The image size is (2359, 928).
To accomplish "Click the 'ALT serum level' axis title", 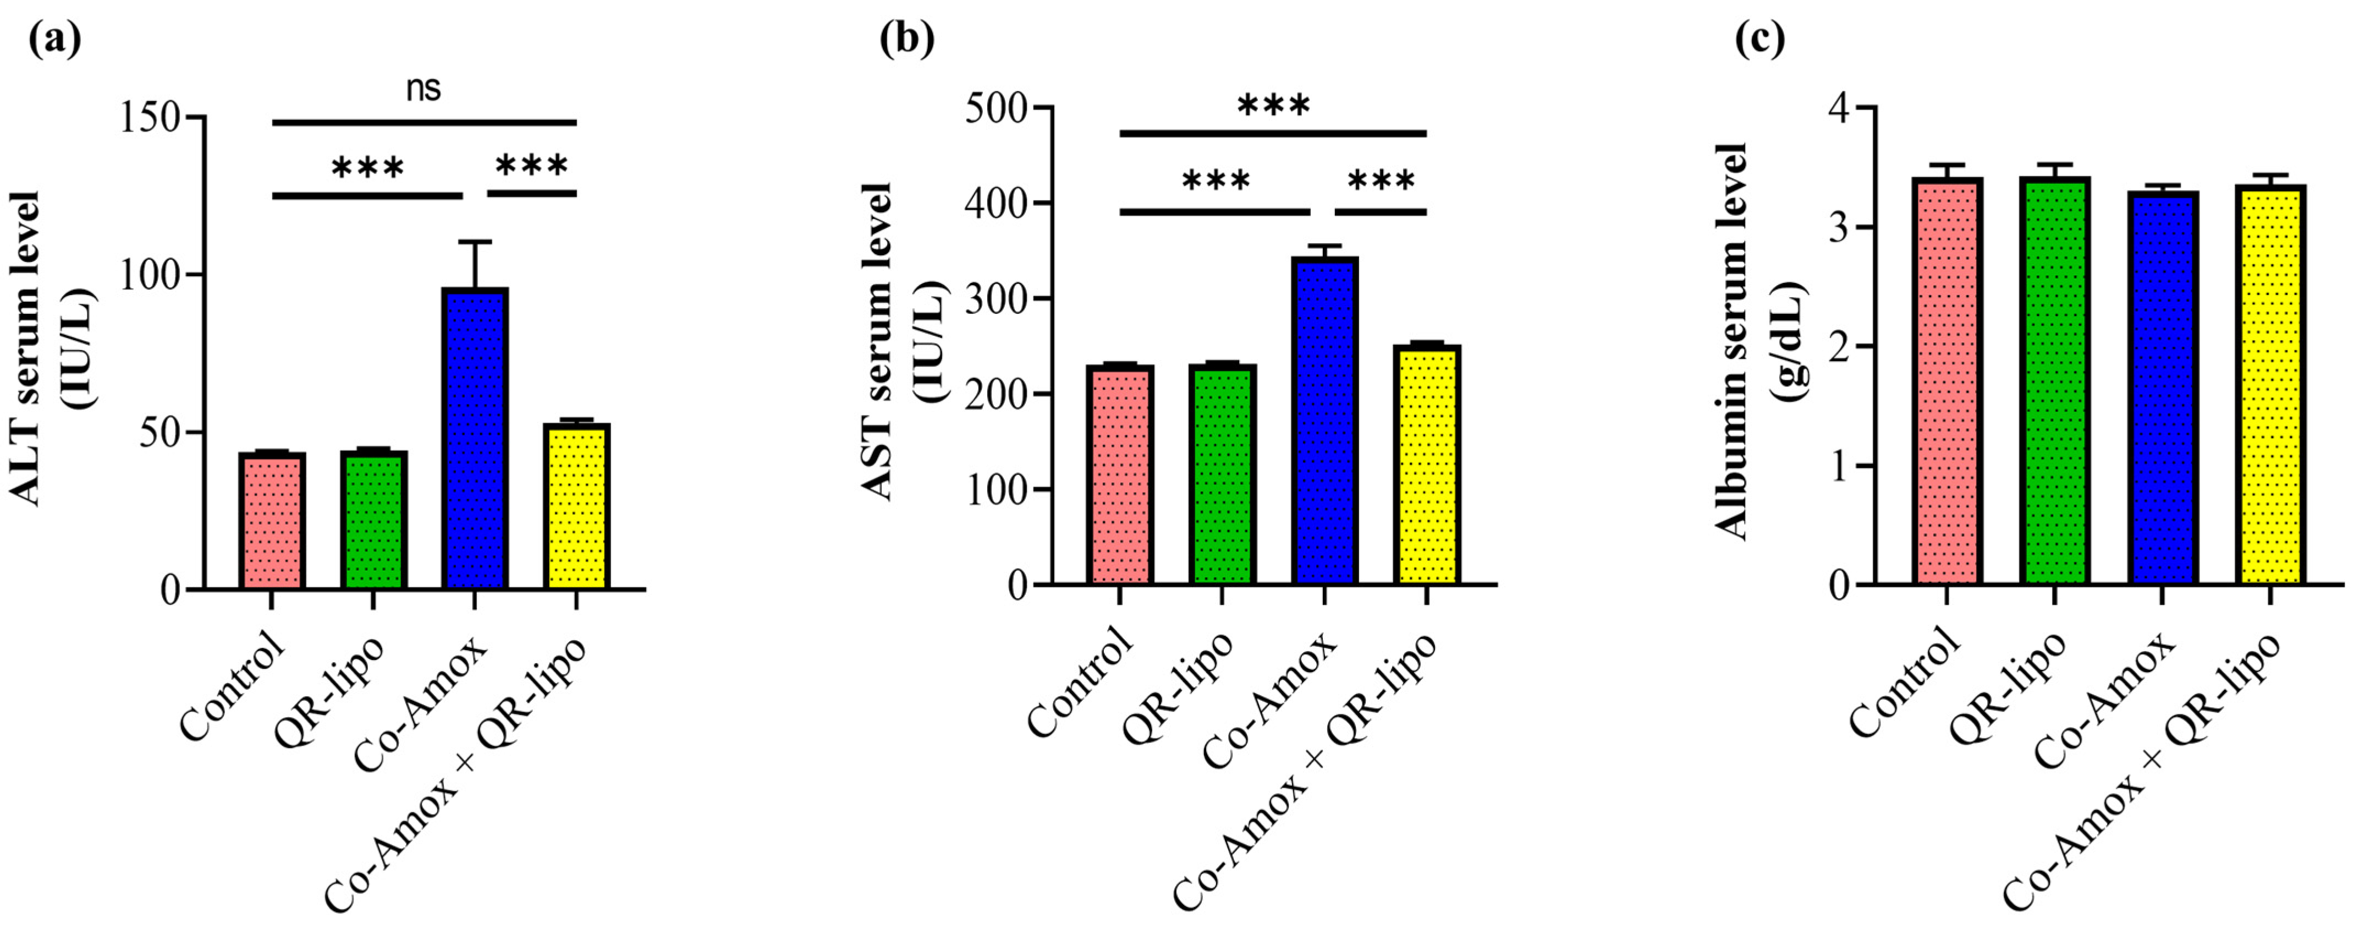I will point(28,348).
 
